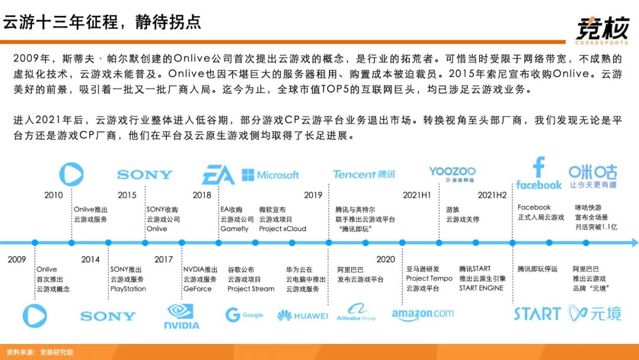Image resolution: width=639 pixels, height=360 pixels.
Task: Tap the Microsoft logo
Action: [x=270, y=175]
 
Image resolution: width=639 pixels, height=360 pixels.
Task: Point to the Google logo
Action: [x=244, y=315]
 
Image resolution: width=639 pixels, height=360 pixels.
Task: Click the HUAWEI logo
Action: [x=302, y=316]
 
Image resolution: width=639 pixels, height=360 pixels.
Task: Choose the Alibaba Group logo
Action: [x=357, y=313]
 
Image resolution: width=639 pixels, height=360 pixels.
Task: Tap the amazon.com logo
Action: [x=422, y=314]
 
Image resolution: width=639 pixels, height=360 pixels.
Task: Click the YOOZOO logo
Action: [x=453, y=173]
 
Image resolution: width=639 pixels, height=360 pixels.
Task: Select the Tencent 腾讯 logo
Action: [x=364, y=174]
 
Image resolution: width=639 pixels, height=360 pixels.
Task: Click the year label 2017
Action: [x=164, y=259]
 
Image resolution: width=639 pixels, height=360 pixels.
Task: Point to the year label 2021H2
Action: [x=492, y=195]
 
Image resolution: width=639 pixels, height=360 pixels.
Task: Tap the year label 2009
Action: [x=17, y=259]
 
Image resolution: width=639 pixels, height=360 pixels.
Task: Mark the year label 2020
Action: [x=385, y=259]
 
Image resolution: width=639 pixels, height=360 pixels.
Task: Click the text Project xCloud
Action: [x=282, y=229]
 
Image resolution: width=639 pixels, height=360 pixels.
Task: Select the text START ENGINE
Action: [x=481, y=288]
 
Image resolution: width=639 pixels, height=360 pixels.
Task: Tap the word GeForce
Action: [x=197, y=289]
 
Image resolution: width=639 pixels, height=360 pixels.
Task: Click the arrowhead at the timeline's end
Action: [x=634, y=243]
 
